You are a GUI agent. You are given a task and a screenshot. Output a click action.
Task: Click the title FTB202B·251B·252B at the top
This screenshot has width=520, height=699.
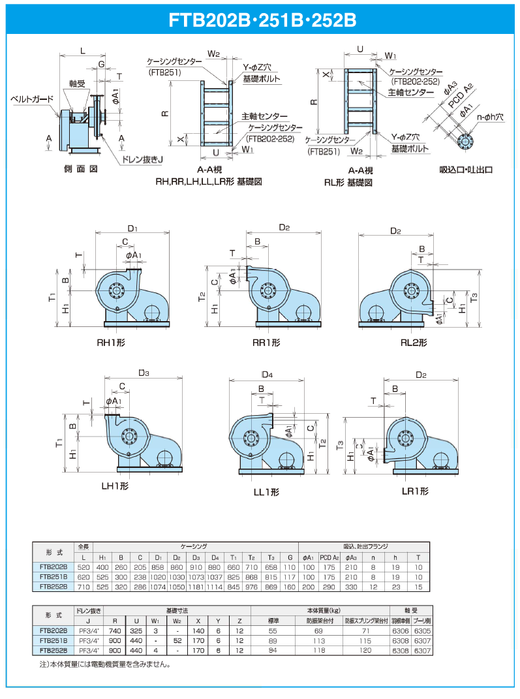pos(260,19)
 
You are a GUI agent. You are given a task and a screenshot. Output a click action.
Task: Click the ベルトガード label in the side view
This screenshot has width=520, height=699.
pos(31,99)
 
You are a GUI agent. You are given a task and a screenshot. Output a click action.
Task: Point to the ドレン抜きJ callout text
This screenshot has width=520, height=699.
pos(142,159)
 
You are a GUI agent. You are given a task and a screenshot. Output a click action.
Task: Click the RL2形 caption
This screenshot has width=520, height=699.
pos(414,343)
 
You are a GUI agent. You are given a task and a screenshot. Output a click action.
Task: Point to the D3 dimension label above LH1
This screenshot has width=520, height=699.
pos(144,373)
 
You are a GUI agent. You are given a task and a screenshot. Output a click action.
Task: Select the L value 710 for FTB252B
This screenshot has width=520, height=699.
pos(83,586)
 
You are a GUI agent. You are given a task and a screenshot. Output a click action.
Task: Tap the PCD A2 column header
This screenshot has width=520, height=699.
pos(329,557)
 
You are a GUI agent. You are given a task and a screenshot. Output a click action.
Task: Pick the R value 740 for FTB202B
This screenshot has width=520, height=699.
pos(115,632)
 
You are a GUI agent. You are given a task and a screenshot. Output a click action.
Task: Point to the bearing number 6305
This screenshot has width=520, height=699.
pos(421,632)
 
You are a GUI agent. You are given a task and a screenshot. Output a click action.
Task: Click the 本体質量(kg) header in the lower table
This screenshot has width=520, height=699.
pos(320,610)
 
